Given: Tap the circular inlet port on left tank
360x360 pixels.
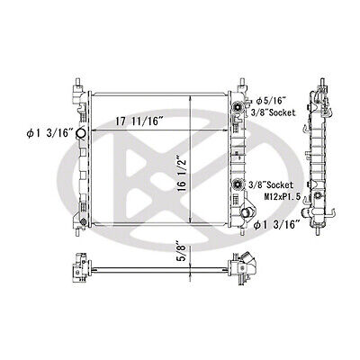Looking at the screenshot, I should coord(81,136).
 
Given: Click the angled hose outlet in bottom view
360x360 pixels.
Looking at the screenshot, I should coord(246,266).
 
